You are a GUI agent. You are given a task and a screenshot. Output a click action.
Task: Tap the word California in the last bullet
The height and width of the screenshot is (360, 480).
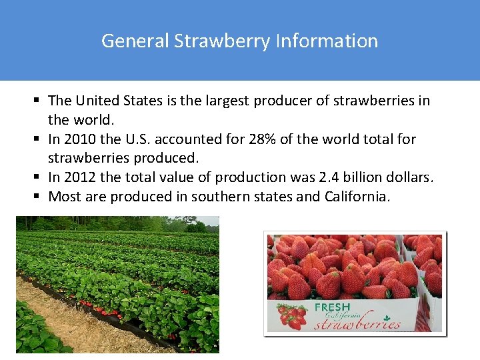point(359,197)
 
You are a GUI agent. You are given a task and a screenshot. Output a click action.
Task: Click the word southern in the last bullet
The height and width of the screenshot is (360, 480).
point(217,197)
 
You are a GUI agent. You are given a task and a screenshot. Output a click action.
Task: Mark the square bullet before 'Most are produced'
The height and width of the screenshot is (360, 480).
point(38,197)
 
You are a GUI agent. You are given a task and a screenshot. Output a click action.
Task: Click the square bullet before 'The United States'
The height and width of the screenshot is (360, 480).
point(38,101)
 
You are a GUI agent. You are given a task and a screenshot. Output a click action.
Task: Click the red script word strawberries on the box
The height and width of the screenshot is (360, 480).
point(357,323)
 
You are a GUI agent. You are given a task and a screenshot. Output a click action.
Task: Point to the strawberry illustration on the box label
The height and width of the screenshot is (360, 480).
point(291,315)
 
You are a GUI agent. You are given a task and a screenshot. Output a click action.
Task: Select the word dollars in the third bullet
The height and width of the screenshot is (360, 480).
point(410,177)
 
